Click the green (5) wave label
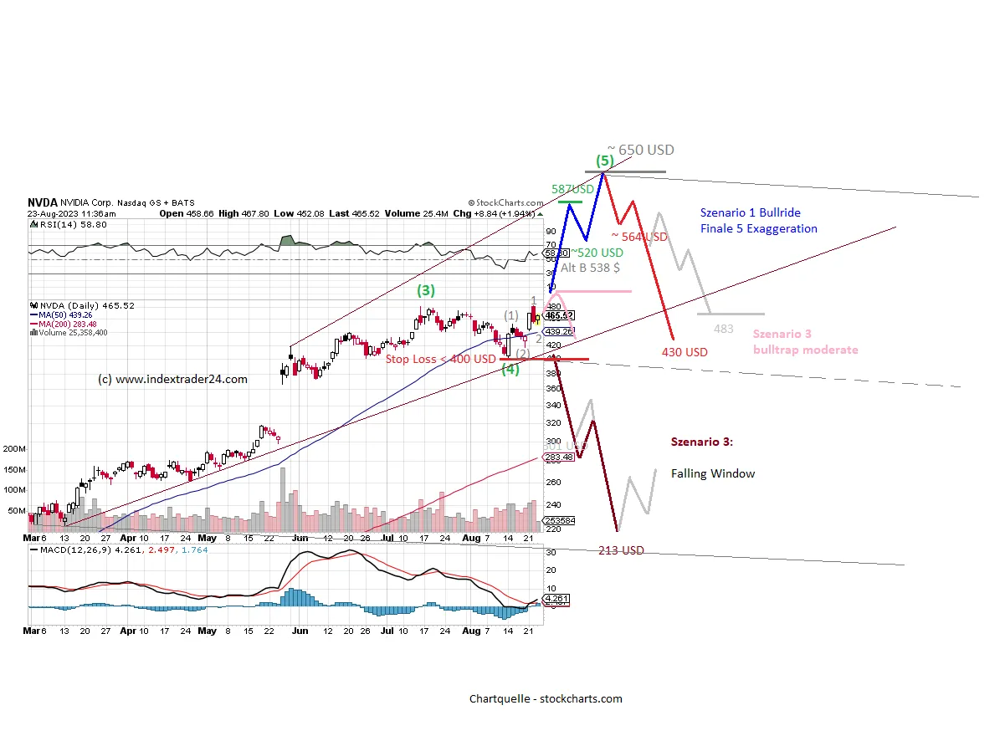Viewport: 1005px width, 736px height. [604, 160]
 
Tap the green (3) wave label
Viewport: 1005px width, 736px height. [427, 291]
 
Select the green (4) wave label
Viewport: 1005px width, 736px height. [510, 370]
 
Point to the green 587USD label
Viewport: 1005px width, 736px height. [572, 190]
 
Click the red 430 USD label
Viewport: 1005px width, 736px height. [685, 352]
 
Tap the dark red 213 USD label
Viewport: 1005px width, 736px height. [621, 550]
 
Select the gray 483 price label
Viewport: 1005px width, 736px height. [723, 329]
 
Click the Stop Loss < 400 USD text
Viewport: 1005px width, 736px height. [440, 359]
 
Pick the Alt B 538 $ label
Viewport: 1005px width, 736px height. [590, 268]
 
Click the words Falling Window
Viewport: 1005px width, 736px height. [713, 473]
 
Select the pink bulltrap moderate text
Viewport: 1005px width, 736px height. [805, 350]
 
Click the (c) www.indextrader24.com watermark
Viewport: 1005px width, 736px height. [173, 379]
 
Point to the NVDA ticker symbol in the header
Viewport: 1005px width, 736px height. [42, 202]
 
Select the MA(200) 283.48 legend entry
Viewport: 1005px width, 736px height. [64, 325]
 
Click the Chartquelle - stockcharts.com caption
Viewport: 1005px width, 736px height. [546, 698]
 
